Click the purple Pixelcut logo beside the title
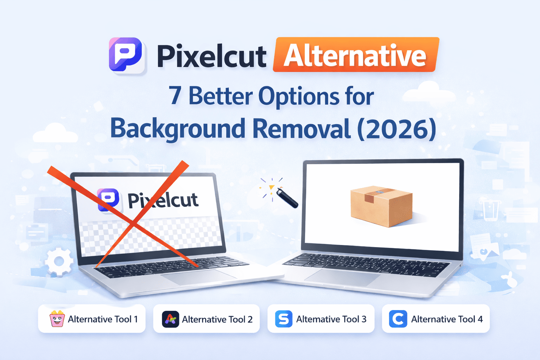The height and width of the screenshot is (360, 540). click(126, 55)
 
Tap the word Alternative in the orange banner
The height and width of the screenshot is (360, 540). click(355, 56)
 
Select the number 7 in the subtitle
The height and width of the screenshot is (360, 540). click(175, 96)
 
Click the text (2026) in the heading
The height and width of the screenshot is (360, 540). click(397, 129)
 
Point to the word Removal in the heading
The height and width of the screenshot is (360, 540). click(301, 129)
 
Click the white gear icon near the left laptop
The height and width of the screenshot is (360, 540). click(59, 262)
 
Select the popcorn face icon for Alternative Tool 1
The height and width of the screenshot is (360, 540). click(57, 319)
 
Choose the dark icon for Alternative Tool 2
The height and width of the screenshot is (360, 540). click(171, 319)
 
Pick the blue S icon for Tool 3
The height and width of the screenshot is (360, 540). click(284, 319)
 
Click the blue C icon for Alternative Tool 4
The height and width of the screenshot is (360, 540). click(398, 319)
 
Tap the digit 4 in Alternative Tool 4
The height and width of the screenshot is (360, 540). click(480, 319)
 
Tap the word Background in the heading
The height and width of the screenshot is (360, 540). click(178, 129)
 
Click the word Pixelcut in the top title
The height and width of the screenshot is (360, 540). click(211, 56)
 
